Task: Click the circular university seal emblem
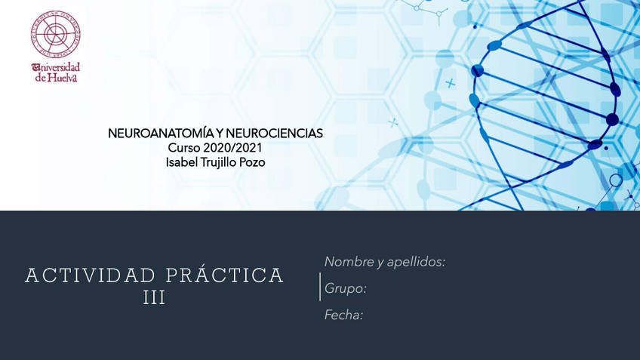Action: click(55, 35)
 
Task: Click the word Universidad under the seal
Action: click(56, 67)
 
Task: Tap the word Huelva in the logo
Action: click(62, 77)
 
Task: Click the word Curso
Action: click(183, 148)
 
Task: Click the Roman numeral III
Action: click(154, 298)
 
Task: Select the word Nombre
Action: click(348, 262)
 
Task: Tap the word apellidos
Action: click(416, 262)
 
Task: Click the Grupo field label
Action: click(345, 288)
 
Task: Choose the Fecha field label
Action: click(343, 315)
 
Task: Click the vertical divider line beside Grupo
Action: click(320, 288)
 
